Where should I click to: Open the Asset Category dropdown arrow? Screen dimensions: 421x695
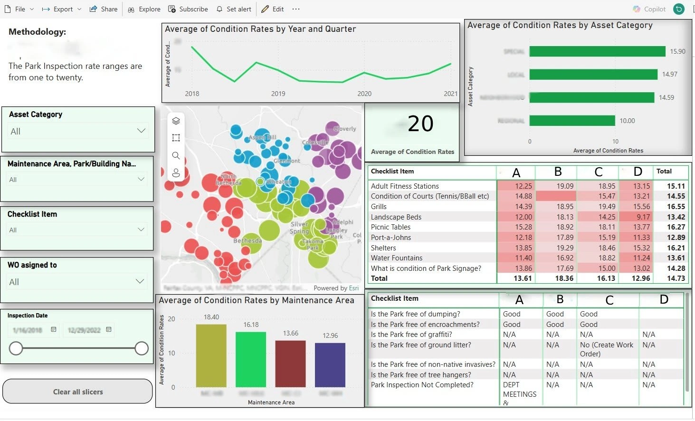click(141, 131)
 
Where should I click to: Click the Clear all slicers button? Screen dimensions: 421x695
click(77, 392)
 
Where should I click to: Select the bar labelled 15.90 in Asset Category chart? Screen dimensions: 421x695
click(597, 51)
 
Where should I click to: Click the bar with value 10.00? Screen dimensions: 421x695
click(572, 121)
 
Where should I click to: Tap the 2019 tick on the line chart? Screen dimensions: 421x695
click(278, 94)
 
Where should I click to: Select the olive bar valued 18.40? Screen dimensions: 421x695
click(211, 355)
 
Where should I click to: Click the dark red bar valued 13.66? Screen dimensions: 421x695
click(290, 364)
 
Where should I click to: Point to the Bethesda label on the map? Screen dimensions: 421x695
click(248, 241)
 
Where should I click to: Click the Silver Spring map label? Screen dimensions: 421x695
click(299, 228)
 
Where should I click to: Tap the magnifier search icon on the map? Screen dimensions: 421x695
click(176, 155)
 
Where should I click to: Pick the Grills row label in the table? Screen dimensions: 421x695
click(379, 207)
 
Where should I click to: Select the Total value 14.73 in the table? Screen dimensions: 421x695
click(676, 278)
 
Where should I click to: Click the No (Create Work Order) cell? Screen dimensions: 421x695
click(607, 349)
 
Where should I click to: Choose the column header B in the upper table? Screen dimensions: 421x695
click(558, 172)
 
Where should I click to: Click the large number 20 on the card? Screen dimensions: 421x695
click(420, 124)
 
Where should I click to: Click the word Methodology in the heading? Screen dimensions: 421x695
click(37, 32)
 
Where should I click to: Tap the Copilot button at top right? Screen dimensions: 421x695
click(649, 9)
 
